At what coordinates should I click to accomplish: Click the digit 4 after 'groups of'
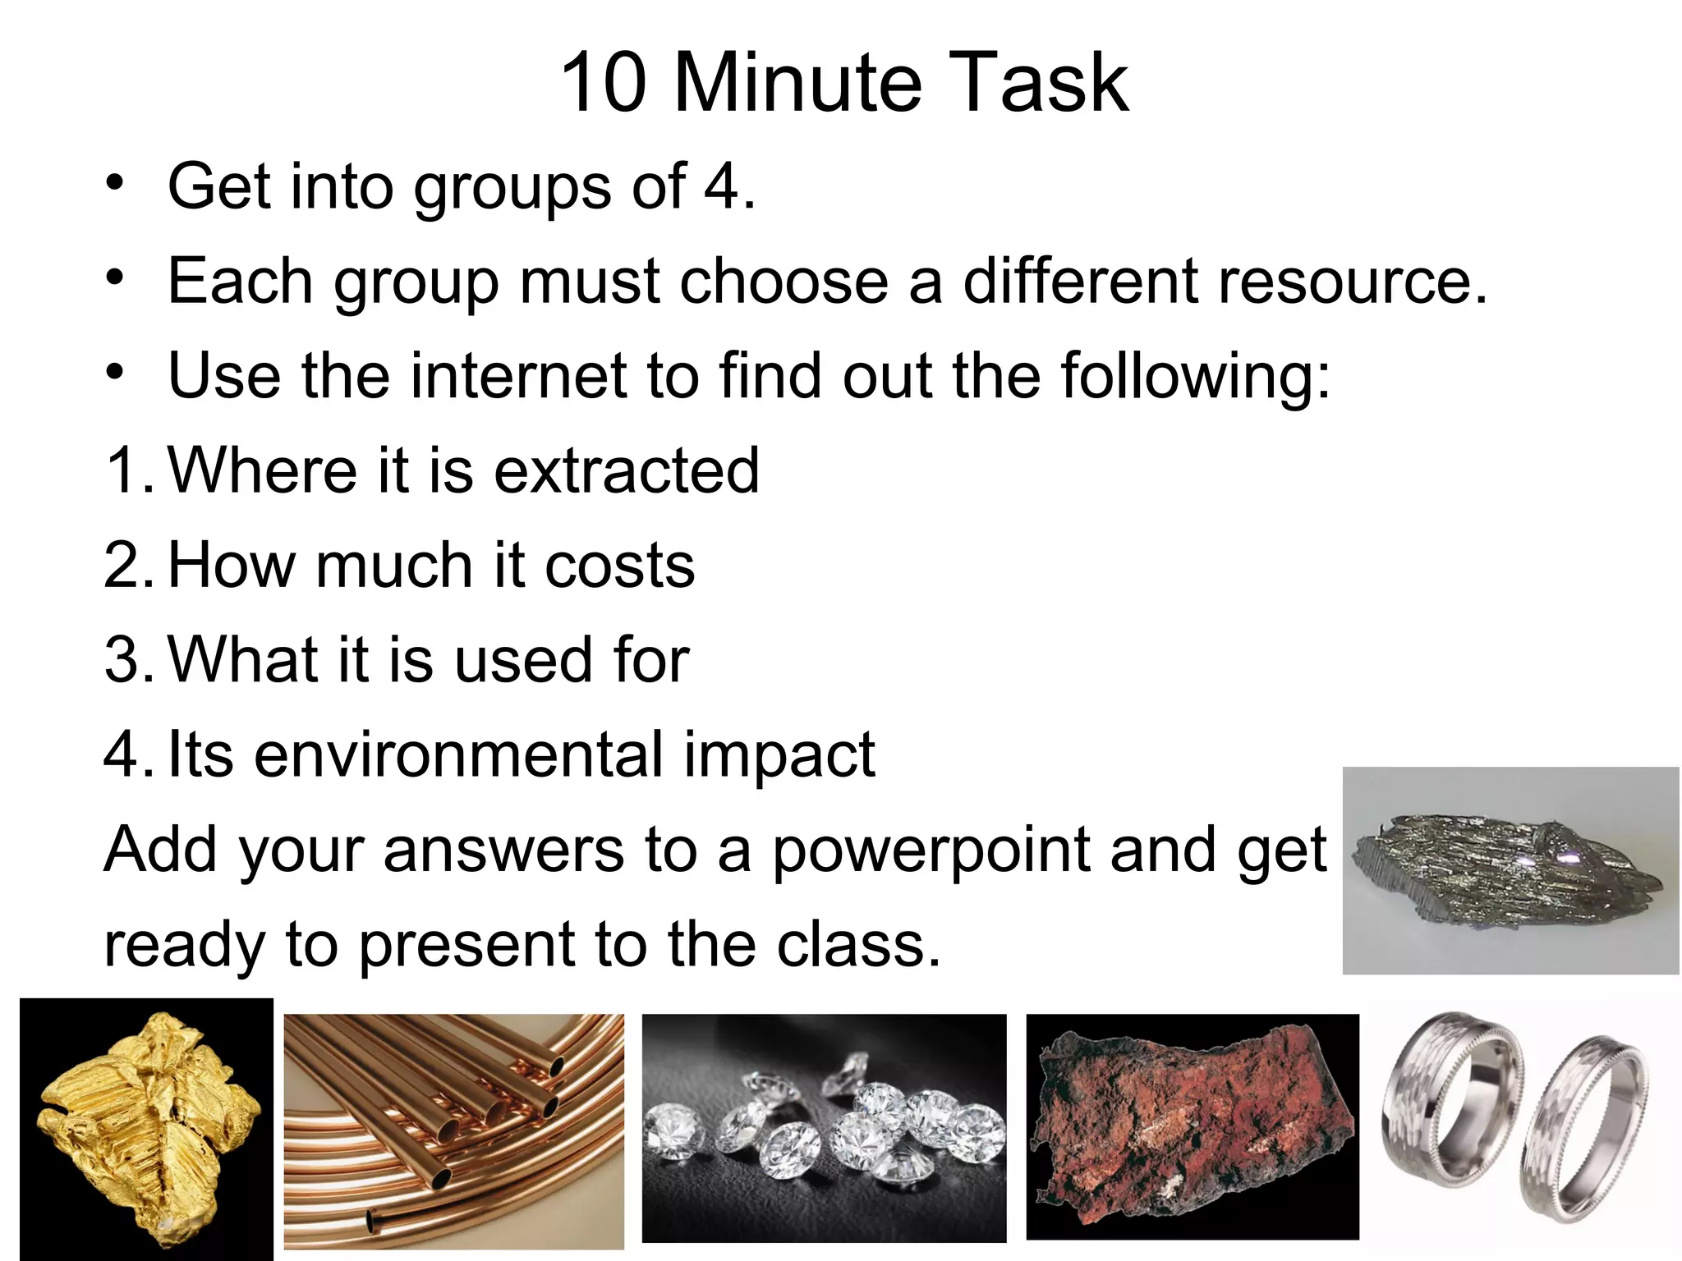[723, 187]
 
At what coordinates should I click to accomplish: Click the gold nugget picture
[146, 1129]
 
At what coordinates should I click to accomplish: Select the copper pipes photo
[453, 1130]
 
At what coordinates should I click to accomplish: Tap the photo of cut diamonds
[824, 1128]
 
